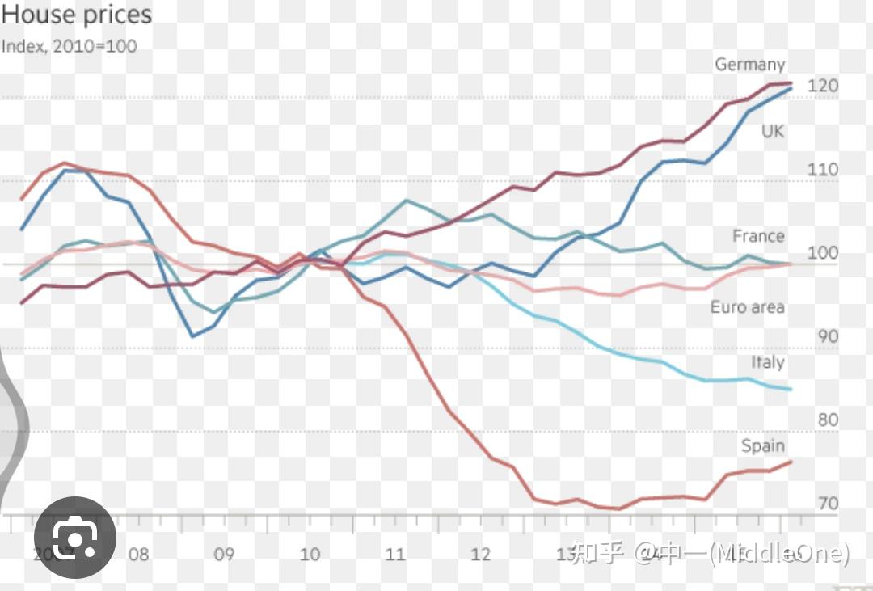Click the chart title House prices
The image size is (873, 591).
77,15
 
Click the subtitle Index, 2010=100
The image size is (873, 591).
70,46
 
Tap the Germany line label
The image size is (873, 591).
749,65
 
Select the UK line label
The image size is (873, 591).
773,130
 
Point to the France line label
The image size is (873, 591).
758,236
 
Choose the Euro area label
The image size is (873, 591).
748,307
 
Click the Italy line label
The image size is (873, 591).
767,362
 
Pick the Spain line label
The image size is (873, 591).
763,445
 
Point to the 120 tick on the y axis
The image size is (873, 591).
822,86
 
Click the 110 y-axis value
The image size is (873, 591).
822,170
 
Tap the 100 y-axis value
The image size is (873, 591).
822,253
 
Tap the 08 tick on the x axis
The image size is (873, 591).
138,555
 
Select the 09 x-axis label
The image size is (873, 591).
224,555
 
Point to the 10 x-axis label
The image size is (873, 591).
310,555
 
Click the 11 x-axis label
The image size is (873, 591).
395,555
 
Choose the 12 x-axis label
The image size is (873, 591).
481,555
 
